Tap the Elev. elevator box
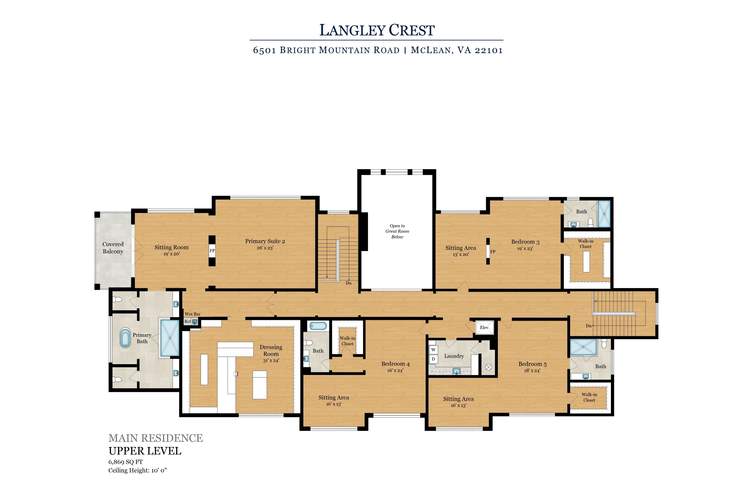tap(484, 327)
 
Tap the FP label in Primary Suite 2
tap(212, 251)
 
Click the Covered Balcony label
tap(113, 248)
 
